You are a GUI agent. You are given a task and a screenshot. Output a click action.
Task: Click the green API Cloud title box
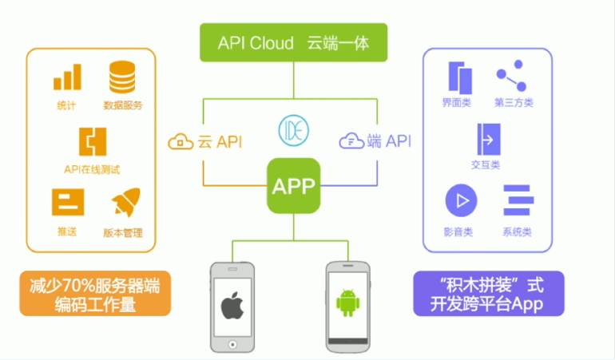click(293, 42)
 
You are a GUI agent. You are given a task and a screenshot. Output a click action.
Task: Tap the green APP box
click(294, 187)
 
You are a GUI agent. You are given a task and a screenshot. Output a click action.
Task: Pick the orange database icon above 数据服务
click(121, 77)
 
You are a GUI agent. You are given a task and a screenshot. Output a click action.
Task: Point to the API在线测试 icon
click(92, 141)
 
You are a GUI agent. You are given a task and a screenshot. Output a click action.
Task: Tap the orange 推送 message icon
click(68, 203)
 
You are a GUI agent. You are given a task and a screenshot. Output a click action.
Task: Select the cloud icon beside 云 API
click(181, 143)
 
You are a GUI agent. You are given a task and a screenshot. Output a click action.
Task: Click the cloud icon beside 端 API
click(351, 142)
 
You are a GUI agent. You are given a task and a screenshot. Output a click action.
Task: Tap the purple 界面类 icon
click(458, 77)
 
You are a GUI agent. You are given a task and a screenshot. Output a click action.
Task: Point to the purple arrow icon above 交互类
click(486, 139)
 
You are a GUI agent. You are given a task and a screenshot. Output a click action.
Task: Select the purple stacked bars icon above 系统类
click(517, 200)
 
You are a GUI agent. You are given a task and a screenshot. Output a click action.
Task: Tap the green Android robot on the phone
click(348, 302)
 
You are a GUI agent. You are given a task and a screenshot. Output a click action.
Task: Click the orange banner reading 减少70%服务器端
click(95, 294)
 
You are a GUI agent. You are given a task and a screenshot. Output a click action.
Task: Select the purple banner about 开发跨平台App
click(488, 294)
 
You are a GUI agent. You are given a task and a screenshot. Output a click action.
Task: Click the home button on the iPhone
click(232, 344)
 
